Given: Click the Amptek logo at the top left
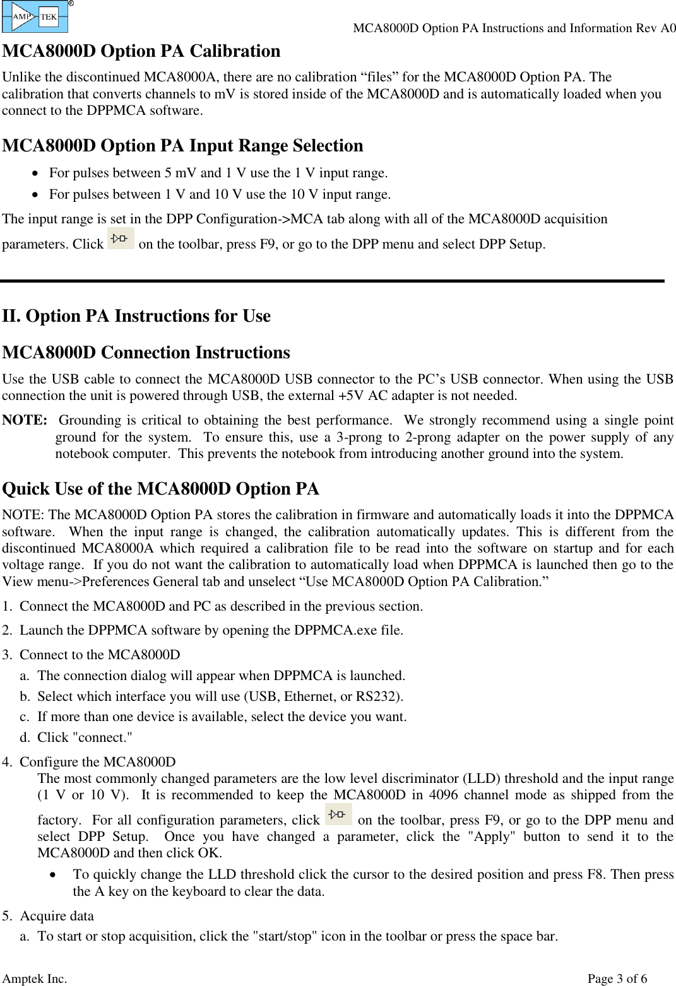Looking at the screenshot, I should [35, 17].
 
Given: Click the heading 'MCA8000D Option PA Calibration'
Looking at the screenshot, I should [141, 51].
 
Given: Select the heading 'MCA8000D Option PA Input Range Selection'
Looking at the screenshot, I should [182, 146].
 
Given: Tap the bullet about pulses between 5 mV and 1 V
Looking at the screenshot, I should [218, 173].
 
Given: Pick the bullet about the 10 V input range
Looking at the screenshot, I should [220, 194].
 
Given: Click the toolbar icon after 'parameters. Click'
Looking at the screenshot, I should [121, 239].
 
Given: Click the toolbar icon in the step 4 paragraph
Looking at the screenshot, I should [338, 814].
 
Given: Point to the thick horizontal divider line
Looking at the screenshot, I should [333, 281].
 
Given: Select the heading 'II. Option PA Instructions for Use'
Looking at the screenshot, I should [136, 316].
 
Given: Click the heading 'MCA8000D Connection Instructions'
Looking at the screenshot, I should [146, 353].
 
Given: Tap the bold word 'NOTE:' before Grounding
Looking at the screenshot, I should [25, 420].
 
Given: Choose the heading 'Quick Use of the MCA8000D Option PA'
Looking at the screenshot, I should [160, 489].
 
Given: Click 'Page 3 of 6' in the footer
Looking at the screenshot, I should [617, 978].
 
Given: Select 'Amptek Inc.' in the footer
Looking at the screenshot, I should [35, 978].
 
